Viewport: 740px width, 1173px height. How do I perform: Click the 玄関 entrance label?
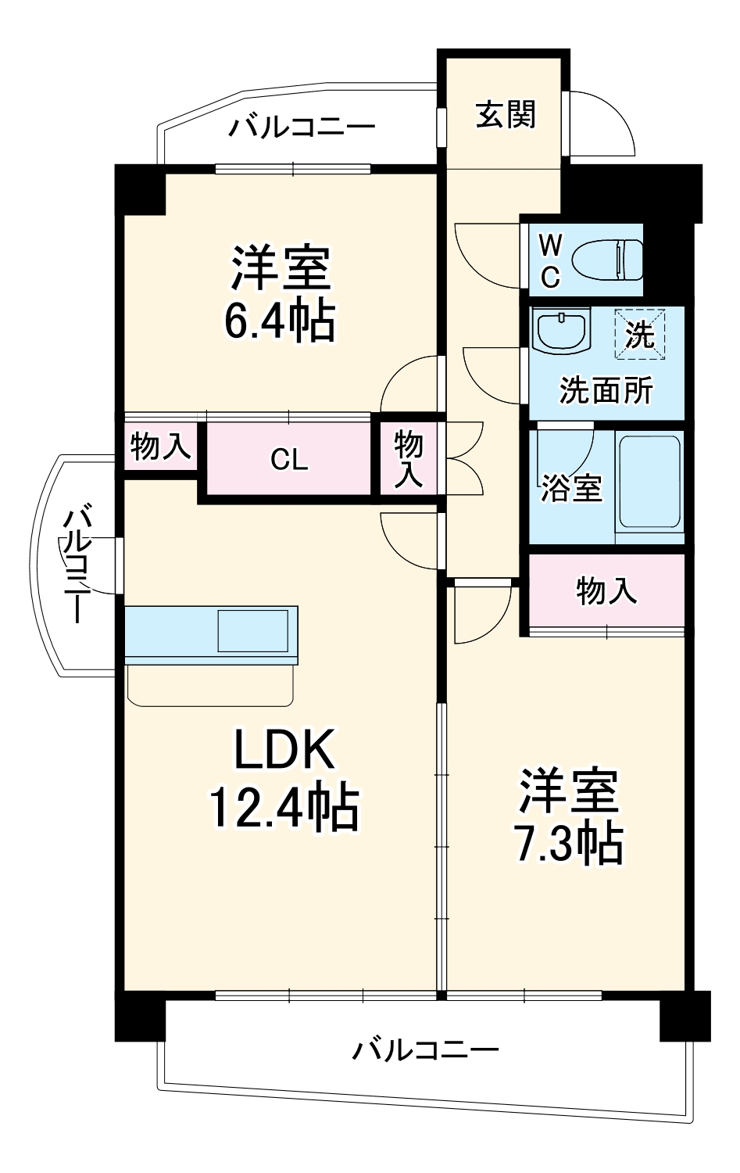(506, 116)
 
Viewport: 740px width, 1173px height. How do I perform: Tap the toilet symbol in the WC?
(607, 259)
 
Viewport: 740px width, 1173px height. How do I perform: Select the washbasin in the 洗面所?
(559, 332)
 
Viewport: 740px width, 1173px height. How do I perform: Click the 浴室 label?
(571, 488)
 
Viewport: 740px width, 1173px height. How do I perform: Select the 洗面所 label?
(606, 390)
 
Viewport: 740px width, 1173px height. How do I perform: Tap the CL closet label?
(289, 460)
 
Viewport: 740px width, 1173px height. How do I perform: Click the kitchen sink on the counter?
(252, 630)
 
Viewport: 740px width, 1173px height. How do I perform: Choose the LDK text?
(284, 749)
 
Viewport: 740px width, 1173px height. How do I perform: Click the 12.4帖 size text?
(284, 809)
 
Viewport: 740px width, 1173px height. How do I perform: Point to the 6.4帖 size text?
(280, 320)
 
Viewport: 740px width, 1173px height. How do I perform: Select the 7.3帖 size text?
(569, 844)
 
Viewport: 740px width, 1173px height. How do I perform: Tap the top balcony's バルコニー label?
(302, 127)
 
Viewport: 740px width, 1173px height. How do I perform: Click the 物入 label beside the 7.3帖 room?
(606, 590)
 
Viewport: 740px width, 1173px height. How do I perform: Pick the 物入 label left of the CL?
(160, 447)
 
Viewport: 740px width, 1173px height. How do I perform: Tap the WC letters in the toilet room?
(550, 260)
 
